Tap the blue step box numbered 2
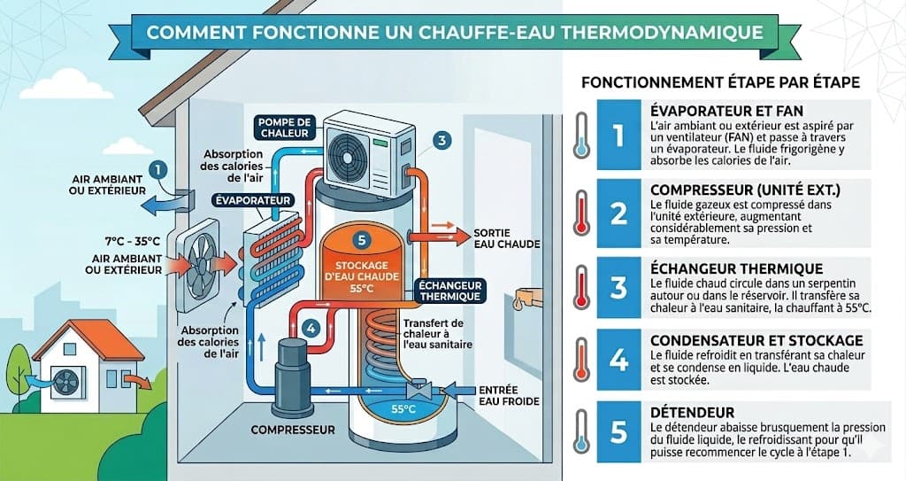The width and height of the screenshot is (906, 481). click(x=618, y=213)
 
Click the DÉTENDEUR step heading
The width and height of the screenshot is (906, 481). click(x=692, y=413)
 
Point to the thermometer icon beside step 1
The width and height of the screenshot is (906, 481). click(x=580, y=136)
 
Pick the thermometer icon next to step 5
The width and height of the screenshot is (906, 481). click(x=580, y=431)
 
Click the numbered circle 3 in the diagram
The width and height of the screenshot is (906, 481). click(x=442, y=139)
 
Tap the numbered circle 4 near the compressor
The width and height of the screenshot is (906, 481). click(x=311, y=326)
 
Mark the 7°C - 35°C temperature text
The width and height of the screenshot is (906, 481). click(x=132, y=240)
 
